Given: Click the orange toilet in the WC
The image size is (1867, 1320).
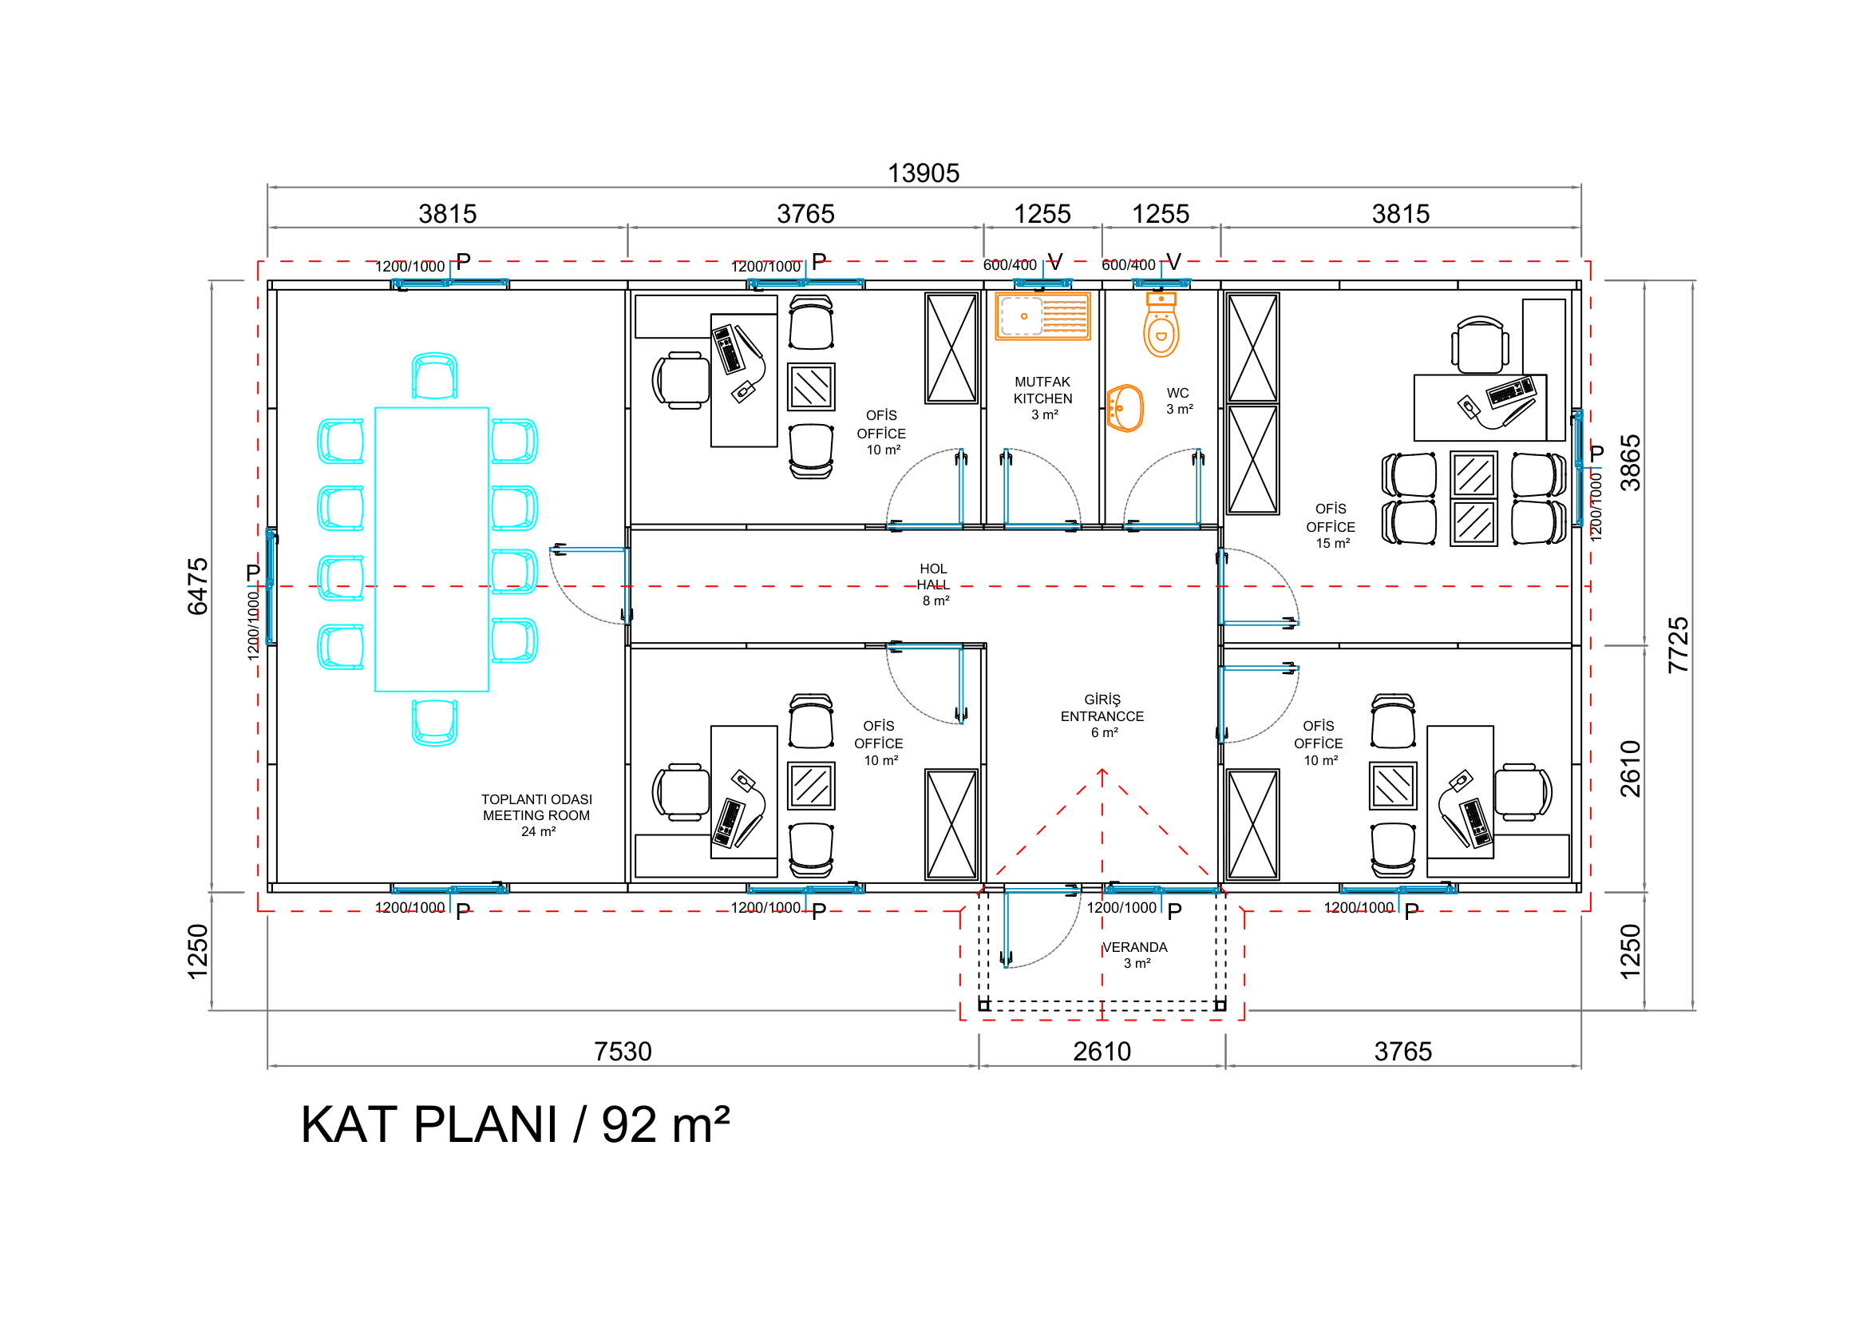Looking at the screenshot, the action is tap(1161, 324).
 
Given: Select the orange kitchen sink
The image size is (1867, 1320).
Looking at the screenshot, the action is tap(1042, 316).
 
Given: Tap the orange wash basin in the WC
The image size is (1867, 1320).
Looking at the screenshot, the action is tap(1125, 408).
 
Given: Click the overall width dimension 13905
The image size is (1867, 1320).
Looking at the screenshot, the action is tap(923, 173).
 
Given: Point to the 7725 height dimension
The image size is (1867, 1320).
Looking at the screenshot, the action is tap(1679, 645).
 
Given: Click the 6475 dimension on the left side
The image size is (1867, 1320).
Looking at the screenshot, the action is tap(198, 586).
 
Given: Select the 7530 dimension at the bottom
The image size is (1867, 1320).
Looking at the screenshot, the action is tap(623, 1052).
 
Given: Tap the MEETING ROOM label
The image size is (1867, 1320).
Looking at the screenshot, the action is tap(536, 815).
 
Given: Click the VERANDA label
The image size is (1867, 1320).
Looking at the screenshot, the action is tap(1135, 948).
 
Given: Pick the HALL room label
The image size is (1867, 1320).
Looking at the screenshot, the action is tap(934, 585).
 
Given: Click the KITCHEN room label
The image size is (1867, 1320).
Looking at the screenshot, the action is tap(1042, 398).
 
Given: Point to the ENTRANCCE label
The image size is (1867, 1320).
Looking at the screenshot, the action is tap(1102, 716).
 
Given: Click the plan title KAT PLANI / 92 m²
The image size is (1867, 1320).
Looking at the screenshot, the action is tap(516, 1125).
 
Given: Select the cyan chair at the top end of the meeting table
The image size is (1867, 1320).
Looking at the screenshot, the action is tap(434, 376).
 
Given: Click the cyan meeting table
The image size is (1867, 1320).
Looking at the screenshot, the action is tap(432, 549).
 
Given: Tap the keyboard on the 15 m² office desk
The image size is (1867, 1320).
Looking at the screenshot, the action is tap(1511, 392).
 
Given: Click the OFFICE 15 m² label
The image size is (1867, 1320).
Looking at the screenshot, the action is tap(1331, 526).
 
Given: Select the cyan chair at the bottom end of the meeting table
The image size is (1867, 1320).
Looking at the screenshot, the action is tap(434, 723).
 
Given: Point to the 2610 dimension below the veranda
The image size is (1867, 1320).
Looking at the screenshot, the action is tap(1102, 1052).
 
